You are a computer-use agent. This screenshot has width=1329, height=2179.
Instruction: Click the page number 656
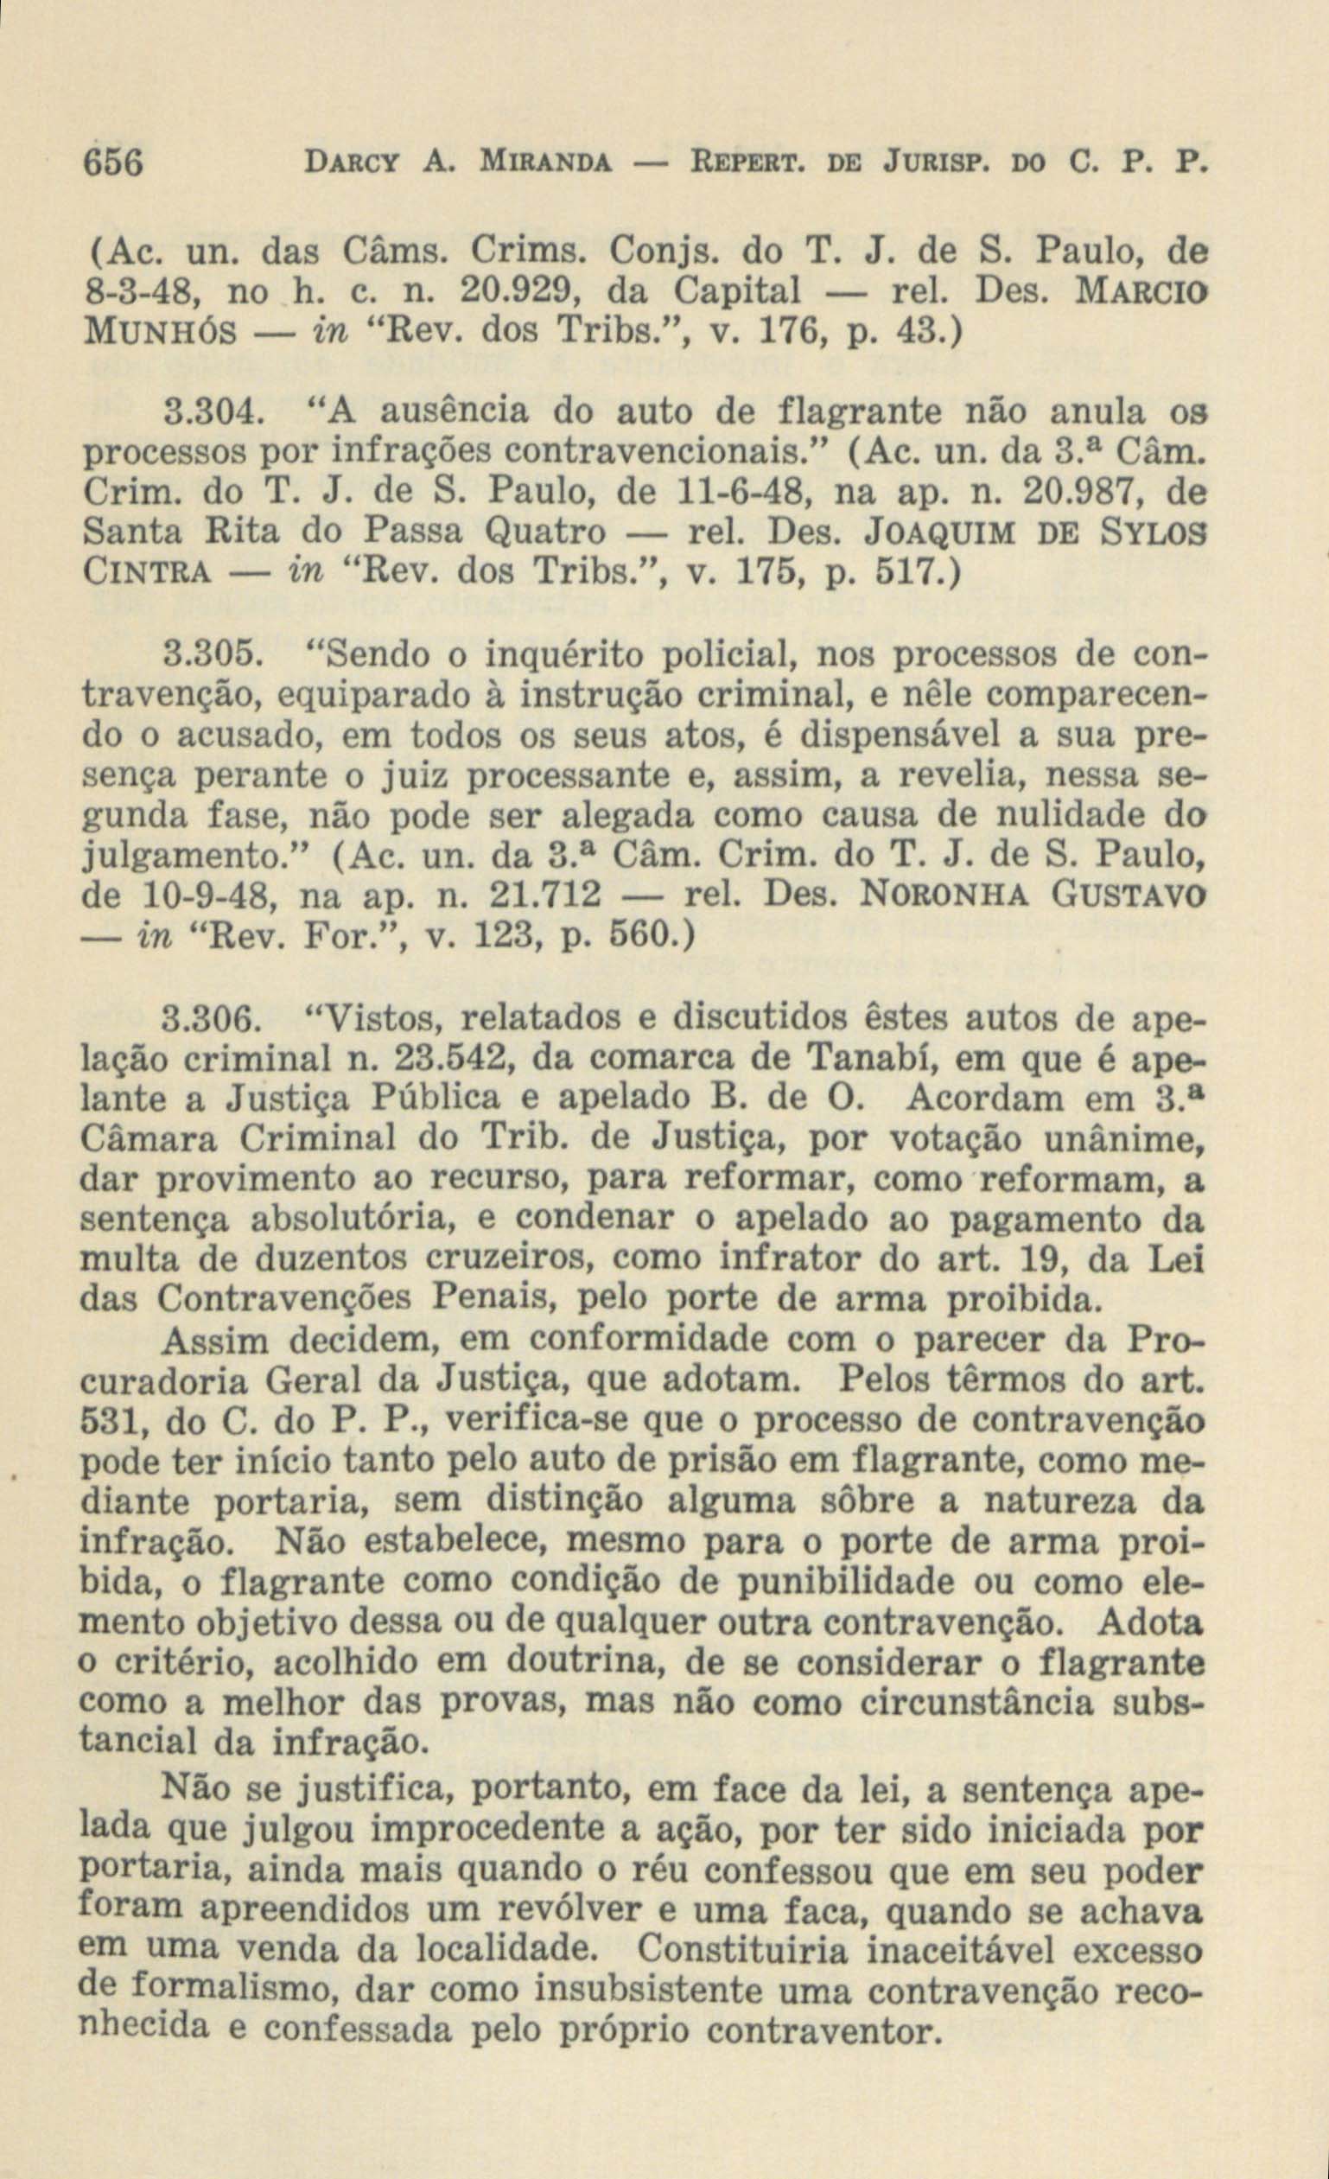coord(112,163)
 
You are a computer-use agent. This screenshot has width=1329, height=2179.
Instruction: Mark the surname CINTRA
coord(145,572)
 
